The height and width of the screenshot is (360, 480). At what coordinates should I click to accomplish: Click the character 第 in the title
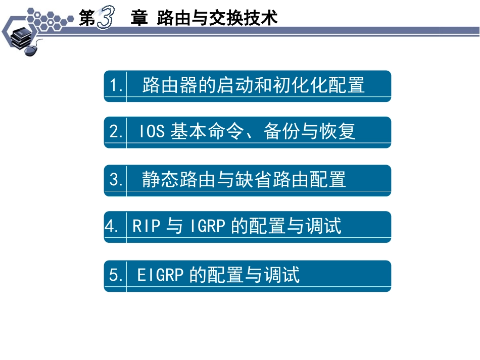coord(87,19)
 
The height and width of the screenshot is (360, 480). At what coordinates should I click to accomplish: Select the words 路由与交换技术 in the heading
coord(218,19)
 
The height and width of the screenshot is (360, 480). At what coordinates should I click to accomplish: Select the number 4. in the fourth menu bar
coord(112,226)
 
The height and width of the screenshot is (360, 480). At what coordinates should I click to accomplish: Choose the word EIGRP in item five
coord(160,275)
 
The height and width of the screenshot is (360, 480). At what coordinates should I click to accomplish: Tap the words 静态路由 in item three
coord(179,180)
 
